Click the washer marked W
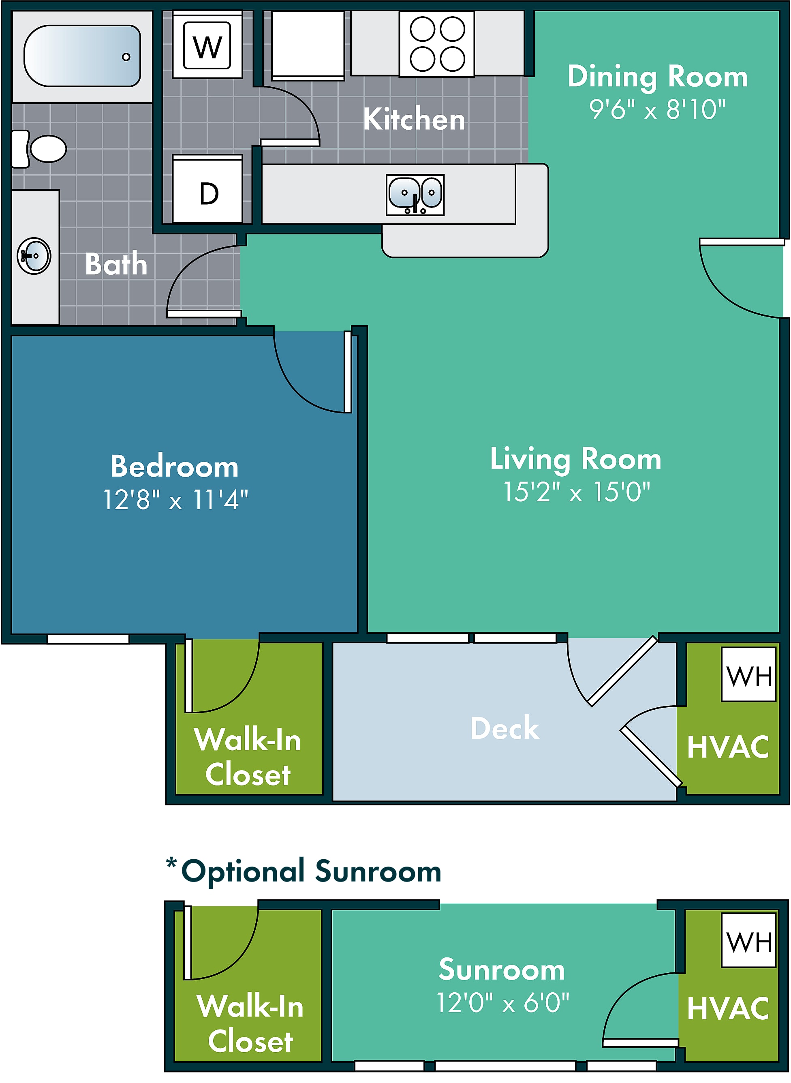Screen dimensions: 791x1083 click(207, 45)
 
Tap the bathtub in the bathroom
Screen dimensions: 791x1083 click(82, 56)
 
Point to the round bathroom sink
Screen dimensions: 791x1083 click(34, 256)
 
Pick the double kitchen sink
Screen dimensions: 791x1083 click(415, 195)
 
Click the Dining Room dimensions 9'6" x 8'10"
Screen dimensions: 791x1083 click(657, 110)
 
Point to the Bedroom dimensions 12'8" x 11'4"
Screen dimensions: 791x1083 click(176, 500)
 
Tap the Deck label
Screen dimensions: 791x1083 click(505, 728)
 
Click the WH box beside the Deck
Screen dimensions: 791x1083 click(749, 674)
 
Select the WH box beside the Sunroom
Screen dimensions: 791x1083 click(749, 940)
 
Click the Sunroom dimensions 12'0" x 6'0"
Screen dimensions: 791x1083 click(503, 1003)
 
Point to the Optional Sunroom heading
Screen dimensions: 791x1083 click(304, 871)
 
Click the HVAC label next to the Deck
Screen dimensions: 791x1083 click(728, 747)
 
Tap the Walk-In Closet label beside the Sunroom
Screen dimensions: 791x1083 click(250, 1023)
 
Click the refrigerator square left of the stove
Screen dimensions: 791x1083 click(308, 45)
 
